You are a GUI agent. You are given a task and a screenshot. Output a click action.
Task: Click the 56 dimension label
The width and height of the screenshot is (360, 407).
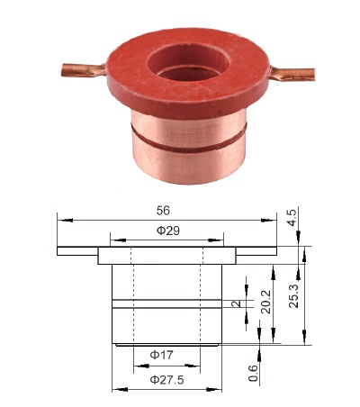tap(163, 211)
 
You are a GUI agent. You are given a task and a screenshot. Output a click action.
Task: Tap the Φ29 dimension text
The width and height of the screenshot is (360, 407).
tap(168, 231)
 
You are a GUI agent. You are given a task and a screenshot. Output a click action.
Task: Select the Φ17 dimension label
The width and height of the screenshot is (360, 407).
tap(161, 355)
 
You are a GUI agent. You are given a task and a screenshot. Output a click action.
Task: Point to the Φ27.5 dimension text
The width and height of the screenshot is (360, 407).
tap(166, 380)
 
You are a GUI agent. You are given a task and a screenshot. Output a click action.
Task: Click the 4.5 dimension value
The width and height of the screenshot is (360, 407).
tap(292, 218)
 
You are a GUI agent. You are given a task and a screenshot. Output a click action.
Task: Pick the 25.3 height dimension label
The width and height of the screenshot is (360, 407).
tap(294, 295)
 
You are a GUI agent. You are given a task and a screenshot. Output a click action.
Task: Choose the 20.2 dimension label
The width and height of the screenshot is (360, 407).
tap(265, 302)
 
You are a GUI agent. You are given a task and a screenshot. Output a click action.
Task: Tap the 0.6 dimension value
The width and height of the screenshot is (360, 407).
tap(254, 373)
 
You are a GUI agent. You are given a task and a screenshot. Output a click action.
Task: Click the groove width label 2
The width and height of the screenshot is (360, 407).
tap(237, 303)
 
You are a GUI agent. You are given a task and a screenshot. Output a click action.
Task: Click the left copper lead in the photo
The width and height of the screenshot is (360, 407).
tap(84, 70)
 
